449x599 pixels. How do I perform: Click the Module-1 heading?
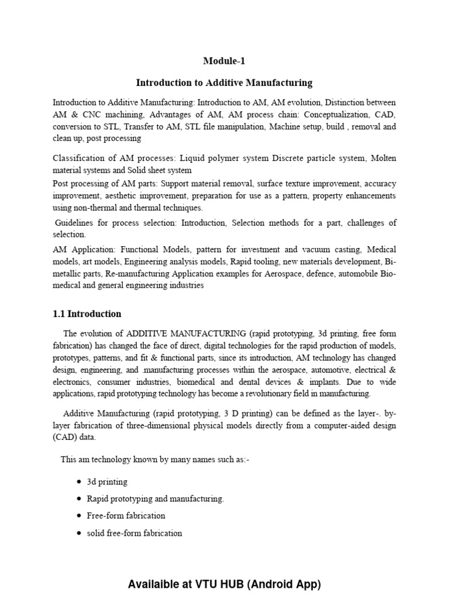tap(224, 61)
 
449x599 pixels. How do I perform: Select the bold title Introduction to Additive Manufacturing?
tap(224, 82)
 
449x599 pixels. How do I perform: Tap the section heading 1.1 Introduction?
tap(87, 314)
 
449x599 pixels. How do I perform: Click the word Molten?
tap(382, 159)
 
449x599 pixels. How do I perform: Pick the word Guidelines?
tap(75, 223)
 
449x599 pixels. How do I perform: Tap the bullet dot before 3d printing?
tap(78, 482)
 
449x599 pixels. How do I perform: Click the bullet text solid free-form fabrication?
tap(134, 533)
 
